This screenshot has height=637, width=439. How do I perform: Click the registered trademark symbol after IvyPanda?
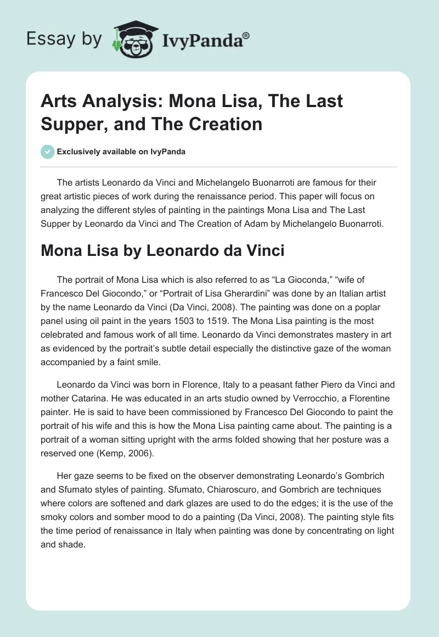246,35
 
